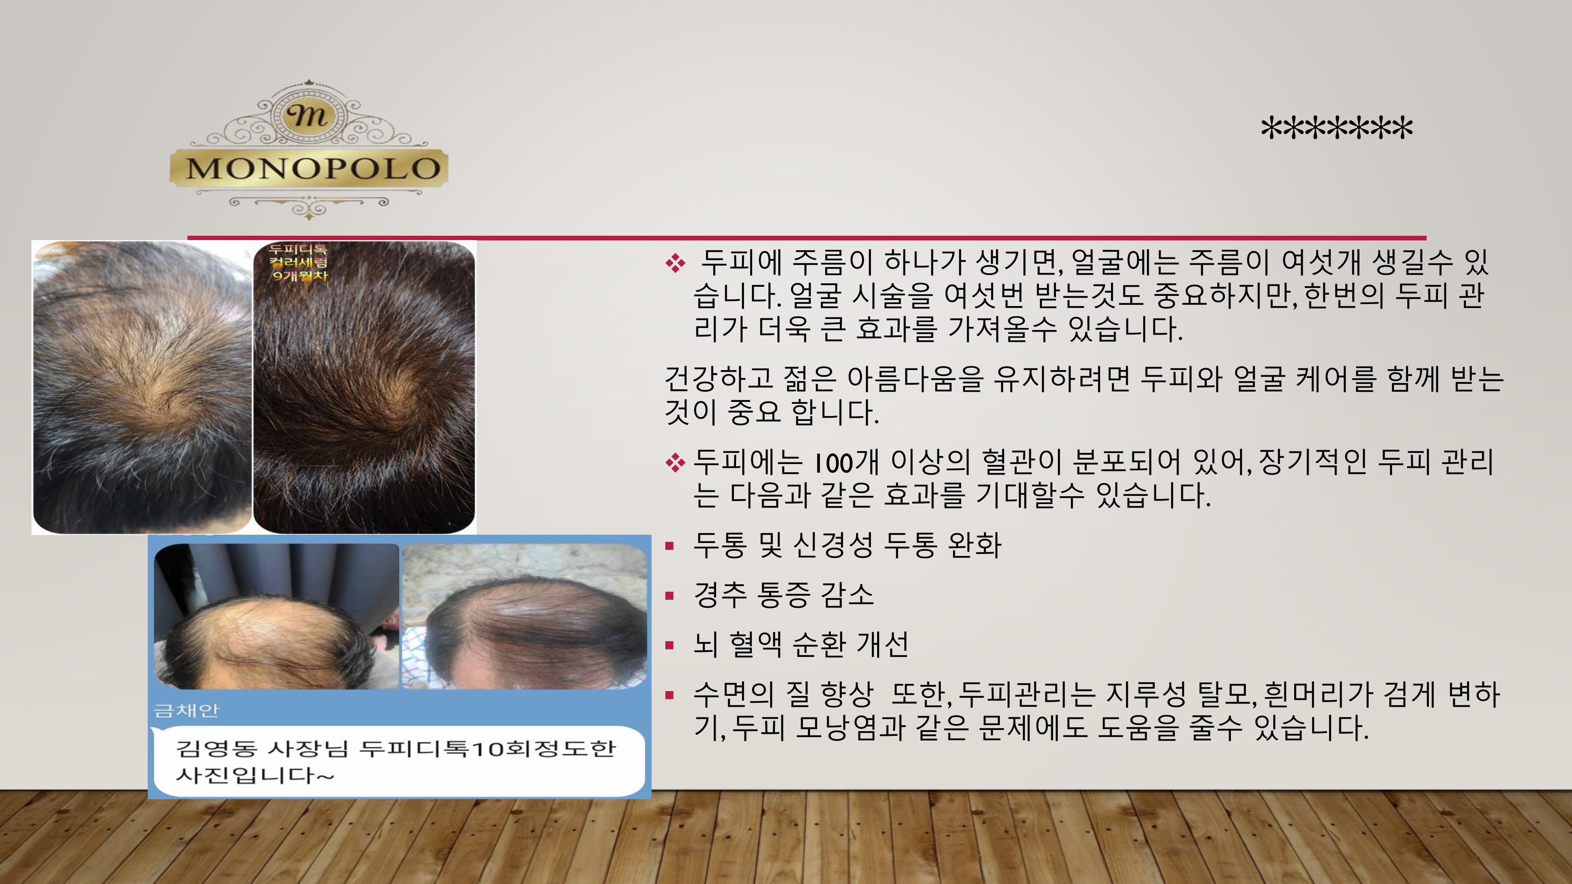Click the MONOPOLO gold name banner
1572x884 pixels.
coord(309,167)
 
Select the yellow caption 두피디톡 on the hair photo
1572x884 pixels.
coord(298,249)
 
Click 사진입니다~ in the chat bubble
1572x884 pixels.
coord(255,776)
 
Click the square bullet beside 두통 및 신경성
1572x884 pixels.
coord(670,546)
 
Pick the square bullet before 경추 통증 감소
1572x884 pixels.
coord(670,596)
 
